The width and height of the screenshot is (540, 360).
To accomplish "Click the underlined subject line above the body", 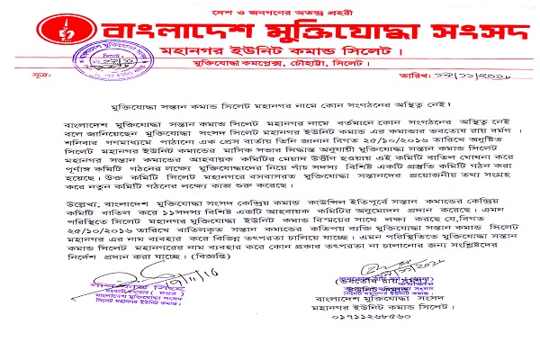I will (x=257, y=104).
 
